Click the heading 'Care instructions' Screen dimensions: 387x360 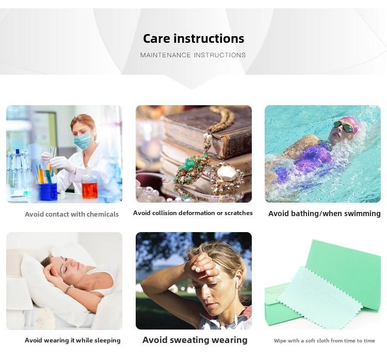point(193,39)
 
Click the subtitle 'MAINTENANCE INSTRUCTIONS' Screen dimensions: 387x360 point(193,55)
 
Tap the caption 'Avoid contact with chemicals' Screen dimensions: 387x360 point(72,214)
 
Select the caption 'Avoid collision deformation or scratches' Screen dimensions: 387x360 point(193,213)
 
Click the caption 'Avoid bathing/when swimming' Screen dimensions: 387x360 point(325,214)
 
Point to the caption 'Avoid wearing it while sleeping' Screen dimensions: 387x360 point(73,340)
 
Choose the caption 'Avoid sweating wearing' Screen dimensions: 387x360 point(195,340)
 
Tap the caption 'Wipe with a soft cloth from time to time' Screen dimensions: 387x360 point(325,341)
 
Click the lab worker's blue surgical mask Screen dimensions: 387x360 point(84,141)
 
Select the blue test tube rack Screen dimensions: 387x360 point(47,191)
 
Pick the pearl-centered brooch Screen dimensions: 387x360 point(227,177)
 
